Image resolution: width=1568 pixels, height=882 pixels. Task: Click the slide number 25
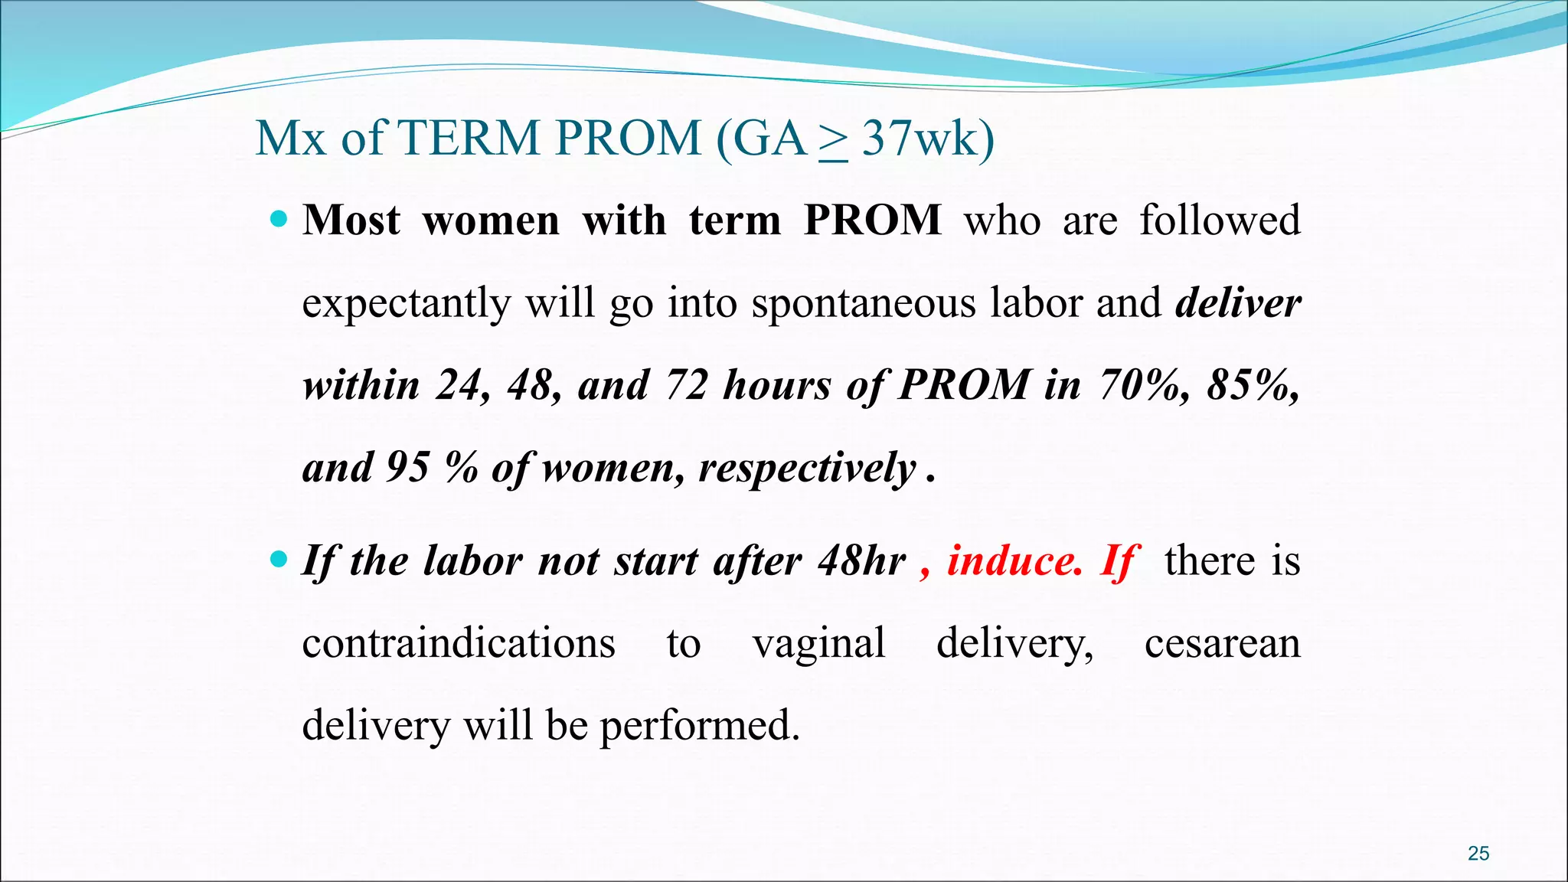pos(1478,853)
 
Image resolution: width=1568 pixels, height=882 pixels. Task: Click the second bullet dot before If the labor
pos(279,560)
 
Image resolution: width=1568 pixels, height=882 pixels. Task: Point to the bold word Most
pos(351,220)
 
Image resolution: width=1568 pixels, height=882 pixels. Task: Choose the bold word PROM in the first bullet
pos(873,220)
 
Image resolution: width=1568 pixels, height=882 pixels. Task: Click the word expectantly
pos(406,303)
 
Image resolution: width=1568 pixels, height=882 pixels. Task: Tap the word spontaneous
pos(864,303)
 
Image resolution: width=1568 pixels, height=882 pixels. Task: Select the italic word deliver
pos(1238,303)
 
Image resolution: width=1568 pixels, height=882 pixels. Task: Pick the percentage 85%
pos(1253,384)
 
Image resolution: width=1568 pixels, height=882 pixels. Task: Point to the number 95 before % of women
pos(407,467)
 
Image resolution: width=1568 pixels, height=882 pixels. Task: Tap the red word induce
pos(1015,560)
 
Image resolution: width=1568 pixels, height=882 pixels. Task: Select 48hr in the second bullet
pos(861,560)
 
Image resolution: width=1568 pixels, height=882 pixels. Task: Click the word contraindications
pos(459,643)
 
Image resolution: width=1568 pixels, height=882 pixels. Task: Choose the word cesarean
pos(1223,643)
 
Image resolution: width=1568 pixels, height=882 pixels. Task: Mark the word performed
pos(699,725)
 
